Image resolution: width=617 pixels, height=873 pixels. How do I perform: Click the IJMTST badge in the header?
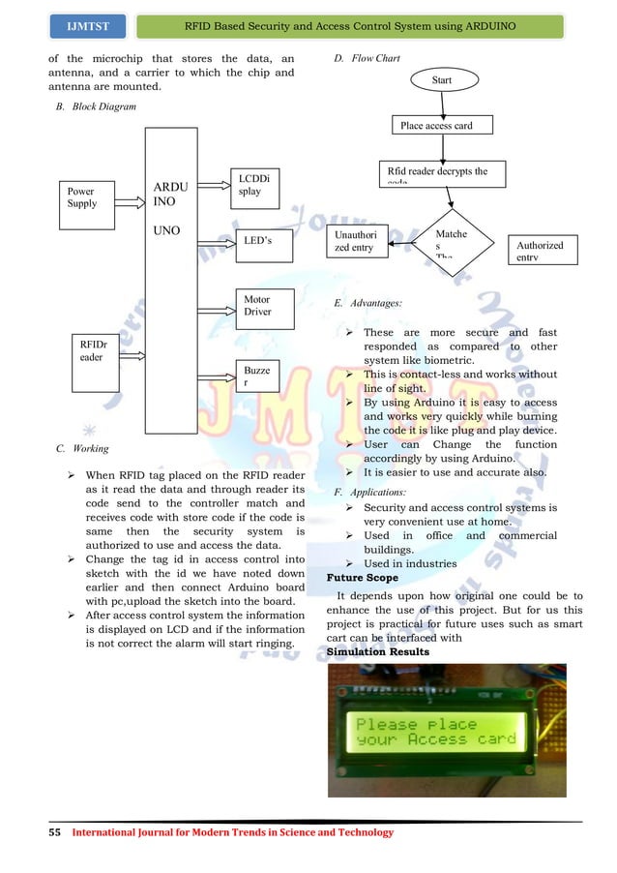(86, 22)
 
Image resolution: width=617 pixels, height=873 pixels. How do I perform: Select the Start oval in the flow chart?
(443, 78)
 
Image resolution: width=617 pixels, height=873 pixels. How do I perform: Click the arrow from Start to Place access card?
(443, 104)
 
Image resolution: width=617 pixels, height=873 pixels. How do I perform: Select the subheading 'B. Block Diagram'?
(97, 106)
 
